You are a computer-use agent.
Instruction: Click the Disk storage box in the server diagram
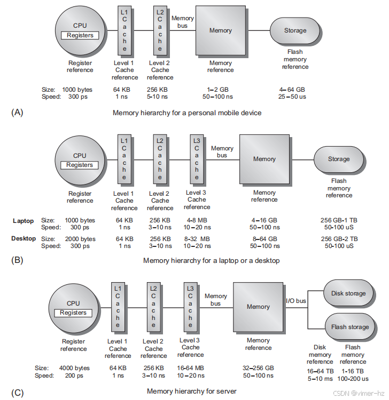click(348, 293)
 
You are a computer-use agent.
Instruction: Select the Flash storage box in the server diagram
click(350, 327)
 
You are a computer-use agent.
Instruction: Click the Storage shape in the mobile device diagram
click(294, 31)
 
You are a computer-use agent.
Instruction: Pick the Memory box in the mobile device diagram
click(220, 31)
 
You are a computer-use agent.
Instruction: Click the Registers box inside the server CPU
click(73, 313)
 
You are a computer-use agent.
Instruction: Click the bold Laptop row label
click(23, 220)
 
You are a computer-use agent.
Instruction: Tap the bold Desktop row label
click(24, 238)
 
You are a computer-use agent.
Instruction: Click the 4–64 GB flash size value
click(292, 90)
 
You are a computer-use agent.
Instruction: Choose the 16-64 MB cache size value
click(190, 367)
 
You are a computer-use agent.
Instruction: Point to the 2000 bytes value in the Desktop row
click(80, 239)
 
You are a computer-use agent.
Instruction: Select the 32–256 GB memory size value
click(258, 367)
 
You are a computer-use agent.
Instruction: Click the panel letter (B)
click(18, 260)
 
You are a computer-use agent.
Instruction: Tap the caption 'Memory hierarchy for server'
click(191, 391)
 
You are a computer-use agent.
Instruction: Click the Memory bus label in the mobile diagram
click(182, 22)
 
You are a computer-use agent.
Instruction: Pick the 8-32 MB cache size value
click(197, 239)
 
